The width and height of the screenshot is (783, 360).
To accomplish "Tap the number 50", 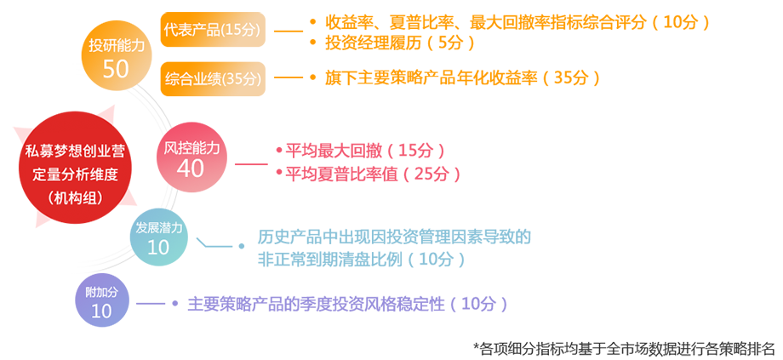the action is pos(115,69).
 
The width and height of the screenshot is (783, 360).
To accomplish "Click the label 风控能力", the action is pos(191,147).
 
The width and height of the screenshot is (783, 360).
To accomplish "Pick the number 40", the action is pos(191,169).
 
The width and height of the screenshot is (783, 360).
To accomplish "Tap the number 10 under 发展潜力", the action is pos(158,248).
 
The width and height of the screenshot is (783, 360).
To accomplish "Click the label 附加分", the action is pos(101,292).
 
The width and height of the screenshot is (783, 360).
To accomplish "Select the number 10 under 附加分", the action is pos(101,311).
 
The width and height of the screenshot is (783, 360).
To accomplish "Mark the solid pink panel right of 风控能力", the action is pos(383,162).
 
